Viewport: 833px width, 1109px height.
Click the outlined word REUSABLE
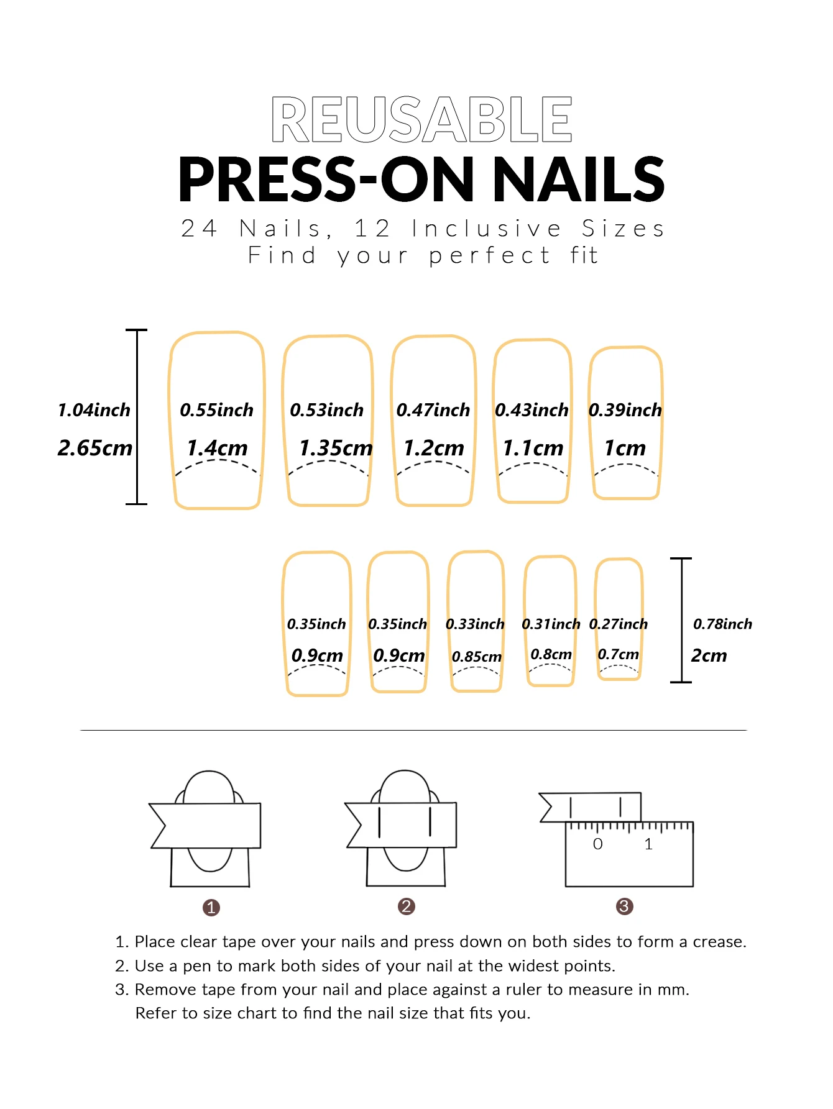coord(421,119)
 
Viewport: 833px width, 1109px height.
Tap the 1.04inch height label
coord(94,410)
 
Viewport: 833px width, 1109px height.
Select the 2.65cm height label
coord(95,447)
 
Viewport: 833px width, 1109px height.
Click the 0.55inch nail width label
coord(216,410)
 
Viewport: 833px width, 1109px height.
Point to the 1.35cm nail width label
coord(336,447)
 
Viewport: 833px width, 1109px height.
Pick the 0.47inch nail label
coord(433,410)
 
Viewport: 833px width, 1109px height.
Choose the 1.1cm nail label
coord(533,447)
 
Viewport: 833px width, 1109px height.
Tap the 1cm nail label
coord(625,447)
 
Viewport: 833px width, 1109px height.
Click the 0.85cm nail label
coord(477,657)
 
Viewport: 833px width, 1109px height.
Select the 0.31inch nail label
coord(551,624)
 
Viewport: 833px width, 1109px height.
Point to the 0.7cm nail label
coord(618,654)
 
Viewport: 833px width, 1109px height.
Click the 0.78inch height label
coord(722,624)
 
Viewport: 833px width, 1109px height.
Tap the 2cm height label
coord(709,655)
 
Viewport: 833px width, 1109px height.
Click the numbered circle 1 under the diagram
coord(211,908)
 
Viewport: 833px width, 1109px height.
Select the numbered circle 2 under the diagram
coord(407,906)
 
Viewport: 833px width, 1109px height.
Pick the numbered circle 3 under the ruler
coord(624,906)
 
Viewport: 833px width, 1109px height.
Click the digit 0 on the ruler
coord(597,844)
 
